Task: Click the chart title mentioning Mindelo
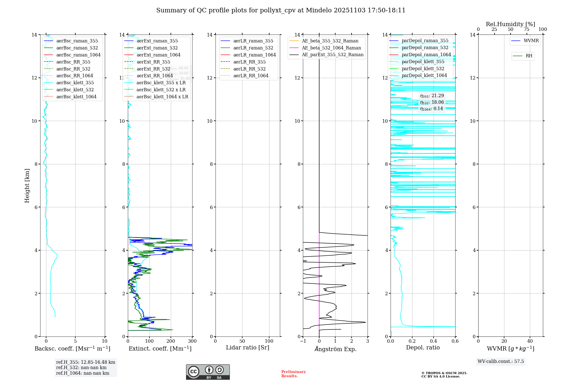coord(281,10)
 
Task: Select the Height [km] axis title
coord(27,185)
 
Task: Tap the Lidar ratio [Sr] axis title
coord(248,347)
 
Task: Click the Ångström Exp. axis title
coord(336,349)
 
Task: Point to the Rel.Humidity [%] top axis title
coord(510,24)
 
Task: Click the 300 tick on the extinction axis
coord(192,341)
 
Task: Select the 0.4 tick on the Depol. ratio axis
coord(434,341)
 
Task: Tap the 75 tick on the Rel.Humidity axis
coord(526,29)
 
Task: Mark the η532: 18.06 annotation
coord(432,102)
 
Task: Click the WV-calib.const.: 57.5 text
coord(501,361)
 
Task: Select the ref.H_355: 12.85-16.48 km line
coord(85,362)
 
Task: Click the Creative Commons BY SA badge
coord(208,372)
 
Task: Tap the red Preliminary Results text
coord(293,374)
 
